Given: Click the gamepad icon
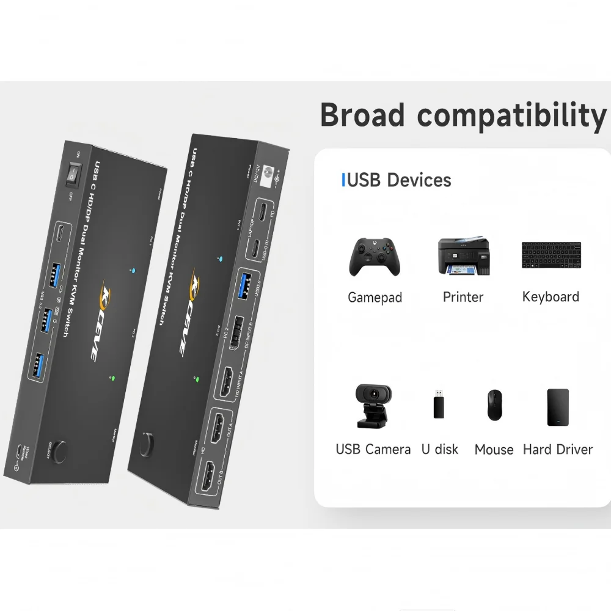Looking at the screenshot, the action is pyautogui.click(x=375, y=257).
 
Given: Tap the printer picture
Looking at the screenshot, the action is pyautogui.click(x=464, y=257).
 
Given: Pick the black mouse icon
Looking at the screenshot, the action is pyautogui.click(x=494, y=404).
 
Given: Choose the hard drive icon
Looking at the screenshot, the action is pyautogui.click(x=557, y=407).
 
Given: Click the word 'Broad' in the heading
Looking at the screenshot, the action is pyautogui.click(x=362, y=115).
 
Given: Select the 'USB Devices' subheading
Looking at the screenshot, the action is pyautogui.click(x=397, y=180).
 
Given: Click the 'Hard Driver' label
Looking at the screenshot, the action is pyautogui.click(x=557, y=450).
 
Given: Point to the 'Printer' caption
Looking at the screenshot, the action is pyautogui.click(x=463, y=297).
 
